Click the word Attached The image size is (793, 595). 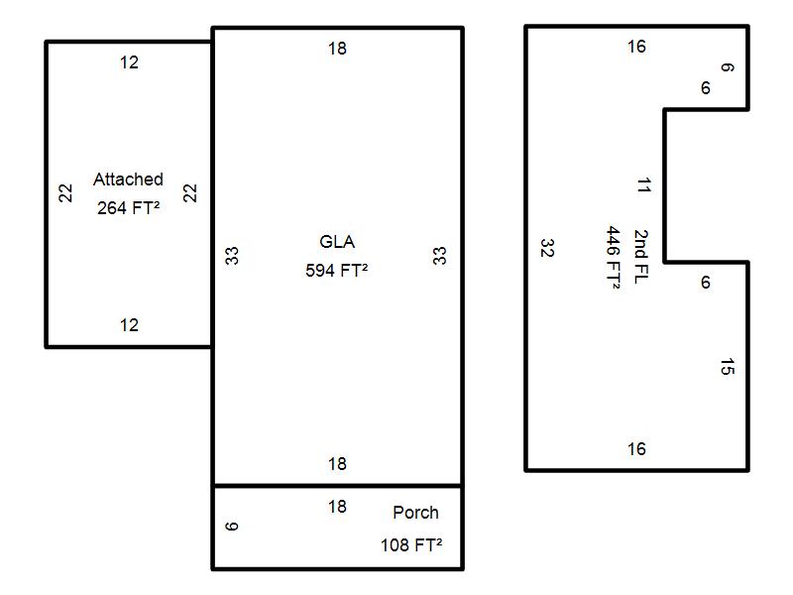(128, 179)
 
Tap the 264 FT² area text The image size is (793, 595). (129, 208)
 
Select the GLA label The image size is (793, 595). (337, 241)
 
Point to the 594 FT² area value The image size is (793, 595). (336, 270)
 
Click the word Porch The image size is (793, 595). (415, 513)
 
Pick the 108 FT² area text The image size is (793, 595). (411, 544)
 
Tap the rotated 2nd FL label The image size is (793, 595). (640, 257)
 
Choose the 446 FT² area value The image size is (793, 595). (613, 257)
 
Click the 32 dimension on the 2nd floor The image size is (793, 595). (547, 248)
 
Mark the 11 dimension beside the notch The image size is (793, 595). (643, 185)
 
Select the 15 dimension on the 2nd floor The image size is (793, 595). (728, 366)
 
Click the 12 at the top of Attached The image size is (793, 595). (129, 62)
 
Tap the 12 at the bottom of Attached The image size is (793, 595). (129, 325)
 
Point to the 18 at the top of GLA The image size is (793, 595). (337, 49)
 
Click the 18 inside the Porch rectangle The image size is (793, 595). (337, 507)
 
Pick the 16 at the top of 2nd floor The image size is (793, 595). (636, 47)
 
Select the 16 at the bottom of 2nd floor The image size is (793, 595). (636, 449)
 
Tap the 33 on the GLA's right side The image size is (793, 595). (439, 256)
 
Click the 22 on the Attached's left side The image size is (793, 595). (65, 192)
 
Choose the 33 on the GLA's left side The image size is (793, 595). (232, 256)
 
